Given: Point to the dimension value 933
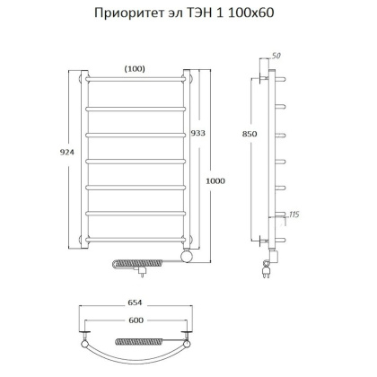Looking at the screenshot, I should (x=198, y=133).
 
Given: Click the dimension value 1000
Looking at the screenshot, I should (x=214, y=182).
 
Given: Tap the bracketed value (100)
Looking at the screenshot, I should (x=136, y=68).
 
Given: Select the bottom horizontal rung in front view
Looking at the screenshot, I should (x=136, y=239).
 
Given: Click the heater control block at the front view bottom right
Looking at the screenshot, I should (x=187, y=259).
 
